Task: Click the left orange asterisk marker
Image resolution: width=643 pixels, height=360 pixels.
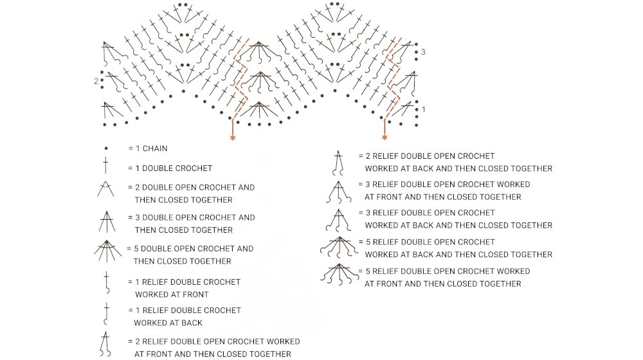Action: [233, 138]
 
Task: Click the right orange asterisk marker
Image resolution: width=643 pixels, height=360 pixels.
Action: [385, 138]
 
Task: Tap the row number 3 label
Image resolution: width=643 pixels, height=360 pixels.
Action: [423, 52]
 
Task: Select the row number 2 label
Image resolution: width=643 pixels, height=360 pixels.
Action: [96, 82]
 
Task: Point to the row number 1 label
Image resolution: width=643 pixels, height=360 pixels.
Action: [423, 110]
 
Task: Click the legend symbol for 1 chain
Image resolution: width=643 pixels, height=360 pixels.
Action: [106, 148]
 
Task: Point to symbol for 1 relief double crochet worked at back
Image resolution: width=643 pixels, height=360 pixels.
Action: [106, 314]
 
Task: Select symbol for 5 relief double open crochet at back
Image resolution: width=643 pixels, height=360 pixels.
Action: [338, 247]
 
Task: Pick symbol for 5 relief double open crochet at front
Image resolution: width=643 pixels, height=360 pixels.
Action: [338, 274]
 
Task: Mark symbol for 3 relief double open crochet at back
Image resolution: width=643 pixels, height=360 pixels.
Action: [338, 219]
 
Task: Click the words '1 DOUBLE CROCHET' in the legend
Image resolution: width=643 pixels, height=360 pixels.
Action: [173, 168]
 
